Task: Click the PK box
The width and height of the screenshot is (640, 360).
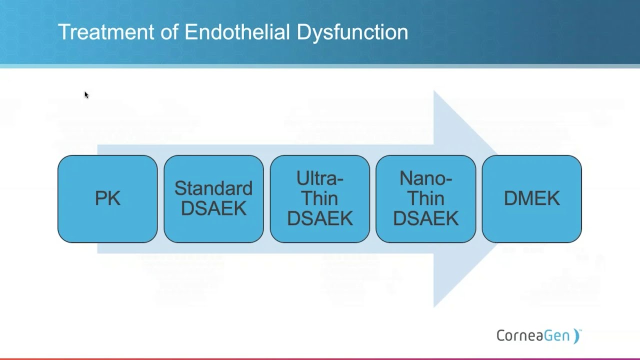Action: (x=107, y=199)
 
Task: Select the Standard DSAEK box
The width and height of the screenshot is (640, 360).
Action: (x=213, y=199)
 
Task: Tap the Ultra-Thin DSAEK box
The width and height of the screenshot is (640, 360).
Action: (x=320, y=199)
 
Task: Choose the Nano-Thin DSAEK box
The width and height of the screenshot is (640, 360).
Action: (x=426, y=199)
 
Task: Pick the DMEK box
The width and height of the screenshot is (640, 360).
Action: (x=531, y=199)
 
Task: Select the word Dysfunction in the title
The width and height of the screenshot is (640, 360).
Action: (x=352, y=32)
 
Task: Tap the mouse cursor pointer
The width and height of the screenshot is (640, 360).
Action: (x=86, y=94)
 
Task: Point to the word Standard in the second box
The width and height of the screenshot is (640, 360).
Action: (x=213, y=188)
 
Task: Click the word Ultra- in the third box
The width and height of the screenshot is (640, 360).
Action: (x=320, y=178)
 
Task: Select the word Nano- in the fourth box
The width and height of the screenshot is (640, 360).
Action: (x=426, y=178)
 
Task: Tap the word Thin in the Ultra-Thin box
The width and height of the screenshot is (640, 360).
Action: (x=320, y=198)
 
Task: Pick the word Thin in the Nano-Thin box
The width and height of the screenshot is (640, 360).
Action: (x=426, y=198)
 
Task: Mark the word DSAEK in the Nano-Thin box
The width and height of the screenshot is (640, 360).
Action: (x=426, y=218)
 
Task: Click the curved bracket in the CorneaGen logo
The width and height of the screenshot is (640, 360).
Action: (x=576, y=336)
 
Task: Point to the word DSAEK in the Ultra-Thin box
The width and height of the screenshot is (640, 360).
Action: (x=320, y=218)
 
